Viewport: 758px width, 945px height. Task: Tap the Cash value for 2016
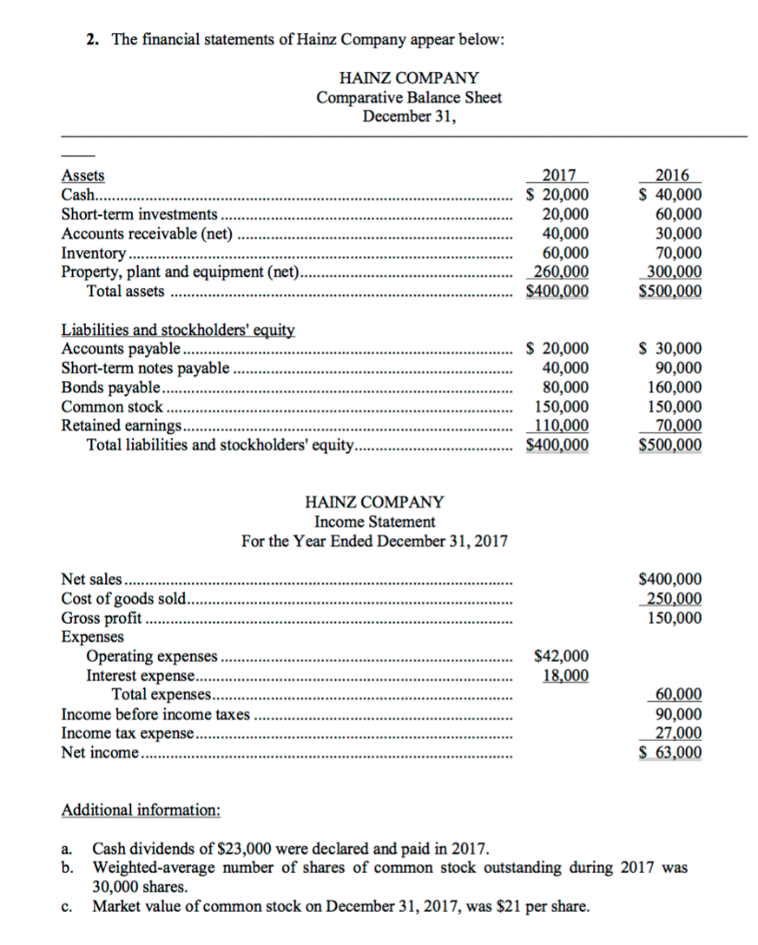[x=670, y=195]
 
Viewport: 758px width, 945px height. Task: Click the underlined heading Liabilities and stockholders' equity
[x=176, y=329]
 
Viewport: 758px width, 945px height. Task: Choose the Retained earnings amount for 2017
[x=561, y=425]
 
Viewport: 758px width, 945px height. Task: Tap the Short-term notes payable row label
[x=145, y=368]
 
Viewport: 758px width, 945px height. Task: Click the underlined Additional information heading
[x=140, y=810]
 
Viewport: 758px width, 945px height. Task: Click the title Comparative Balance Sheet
[x=409, y=98]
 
